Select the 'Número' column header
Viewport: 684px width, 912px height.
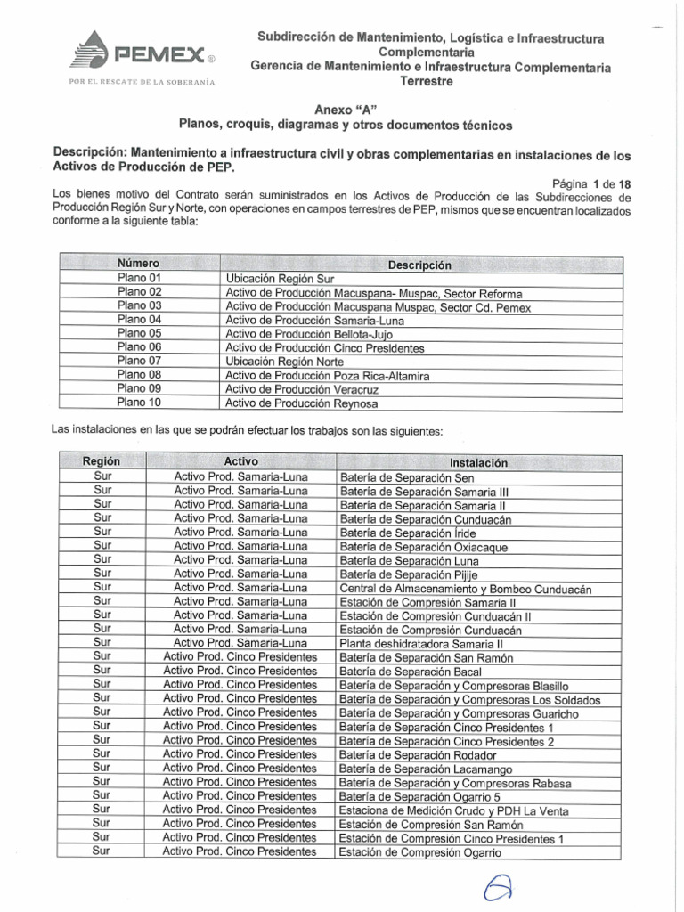pos(139,265)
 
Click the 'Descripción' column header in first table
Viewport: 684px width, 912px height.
pos(419,265)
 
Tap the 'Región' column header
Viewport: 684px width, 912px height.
pos(102,462)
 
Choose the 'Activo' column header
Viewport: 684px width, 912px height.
pos(240,462)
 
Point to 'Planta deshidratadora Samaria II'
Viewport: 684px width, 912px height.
pos(421,644)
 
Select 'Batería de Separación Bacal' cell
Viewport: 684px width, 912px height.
pos(411,672)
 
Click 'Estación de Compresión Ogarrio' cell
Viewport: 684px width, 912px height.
pos(420,852)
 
